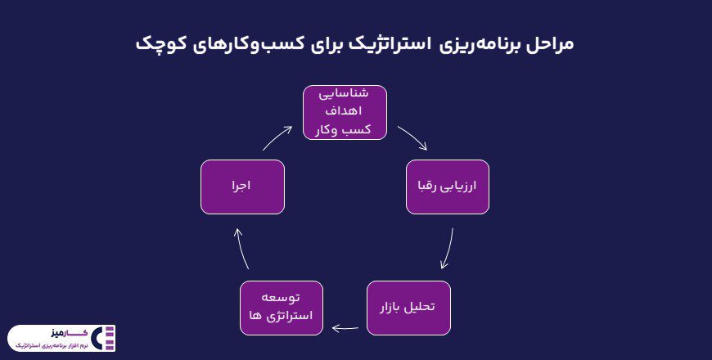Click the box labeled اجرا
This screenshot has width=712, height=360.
pyautogui.click(x=242, y=187)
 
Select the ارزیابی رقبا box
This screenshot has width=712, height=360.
pyautogui.click(x=448, y=187)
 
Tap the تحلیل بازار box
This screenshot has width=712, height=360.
pyautogui.click(x=407, y=308)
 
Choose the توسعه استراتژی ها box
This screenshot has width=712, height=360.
pyautogui.click(x=282, y=308)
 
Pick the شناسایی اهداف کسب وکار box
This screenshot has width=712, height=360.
pyautogui.click(x=345, y=112)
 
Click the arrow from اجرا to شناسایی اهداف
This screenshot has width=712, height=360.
pyautogui.click(x=277, y=138)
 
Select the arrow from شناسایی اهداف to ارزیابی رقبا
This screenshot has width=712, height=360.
pyautogui.click(x=412, y=138)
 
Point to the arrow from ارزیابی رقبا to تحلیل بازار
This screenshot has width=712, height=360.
pyautogui.click(x=447, y=249)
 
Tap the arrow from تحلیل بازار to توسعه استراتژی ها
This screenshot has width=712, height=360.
pyautogui.click(x=345, y=328)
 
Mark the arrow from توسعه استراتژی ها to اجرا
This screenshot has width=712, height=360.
pyautogui.click(x=241, y=248)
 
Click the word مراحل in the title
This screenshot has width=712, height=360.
pyautogui.click(x=548, y=43)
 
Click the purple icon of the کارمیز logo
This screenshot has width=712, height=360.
pyautogui.click(x=105, y=338)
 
